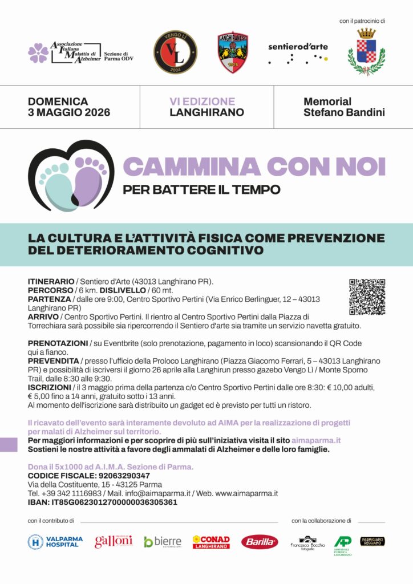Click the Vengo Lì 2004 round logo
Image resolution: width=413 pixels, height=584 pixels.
click(175, 52)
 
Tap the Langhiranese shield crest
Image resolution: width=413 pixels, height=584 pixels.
click(233, 52)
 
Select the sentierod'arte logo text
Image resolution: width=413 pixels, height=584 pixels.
click(298, 47)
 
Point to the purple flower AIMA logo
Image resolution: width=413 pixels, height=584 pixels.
click(38, 53)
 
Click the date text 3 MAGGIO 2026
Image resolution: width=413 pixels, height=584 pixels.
click(69, 112)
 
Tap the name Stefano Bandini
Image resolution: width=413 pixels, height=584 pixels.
click(344, 112)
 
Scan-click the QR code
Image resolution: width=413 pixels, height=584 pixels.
click(367, 297)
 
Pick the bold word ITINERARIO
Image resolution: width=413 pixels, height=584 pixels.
click(51, 282)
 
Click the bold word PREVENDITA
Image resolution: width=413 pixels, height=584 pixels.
click(53, 361)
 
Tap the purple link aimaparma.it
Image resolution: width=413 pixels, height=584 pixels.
click(316, 441)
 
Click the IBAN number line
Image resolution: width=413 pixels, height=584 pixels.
click(102, 502)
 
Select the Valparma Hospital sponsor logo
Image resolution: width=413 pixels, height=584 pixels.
click(55, 542)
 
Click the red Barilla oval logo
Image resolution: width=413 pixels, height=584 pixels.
click(260, 542)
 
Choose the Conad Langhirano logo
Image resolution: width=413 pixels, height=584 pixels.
click(211, 542)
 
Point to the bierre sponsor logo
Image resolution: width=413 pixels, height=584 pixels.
click(163, 542)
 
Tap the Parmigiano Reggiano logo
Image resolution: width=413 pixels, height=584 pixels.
click(372, 541)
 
